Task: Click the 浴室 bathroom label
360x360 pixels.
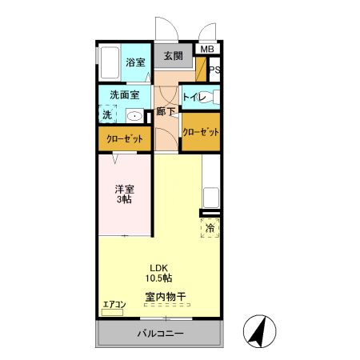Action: (x=134, y=62)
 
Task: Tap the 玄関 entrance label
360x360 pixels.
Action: (x=174, y=56)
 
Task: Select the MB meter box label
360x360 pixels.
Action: (x=207, y=50)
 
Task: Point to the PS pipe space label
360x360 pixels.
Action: (x=214, y=70)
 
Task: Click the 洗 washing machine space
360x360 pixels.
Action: (x=106, y=114)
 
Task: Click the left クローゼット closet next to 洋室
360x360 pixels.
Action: (x=125, y=139)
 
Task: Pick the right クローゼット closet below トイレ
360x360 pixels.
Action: (x=201, y=132)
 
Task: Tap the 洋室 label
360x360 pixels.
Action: (x=123, y=189)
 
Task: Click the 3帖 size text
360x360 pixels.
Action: (x=123, y=200)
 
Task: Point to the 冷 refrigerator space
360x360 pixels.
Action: (x=210, y=228)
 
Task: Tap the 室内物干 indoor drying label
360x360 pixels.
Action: (x=166, y=297)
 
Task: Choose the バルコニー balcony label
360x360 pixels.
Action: (x=159, y=334)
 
